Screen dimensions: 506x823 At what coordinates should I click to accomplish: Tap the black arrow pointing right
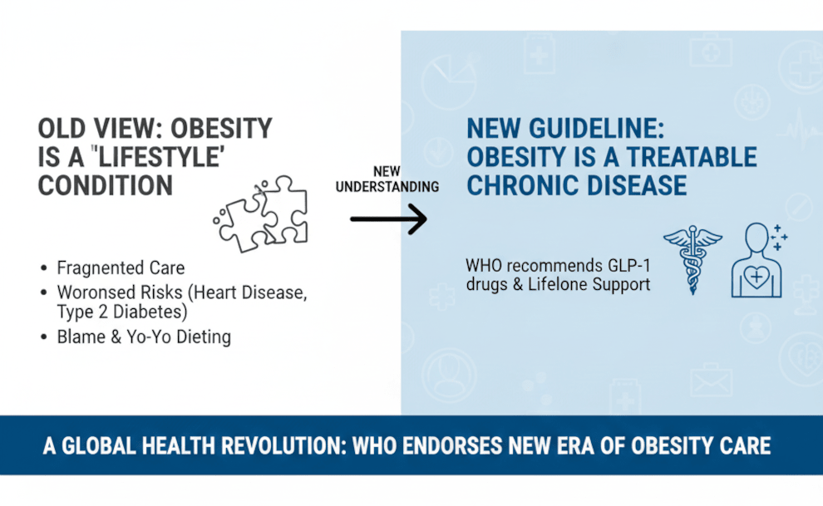[388, 219]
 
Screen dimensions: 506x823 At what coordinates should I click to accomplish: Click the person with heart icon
[756, 260]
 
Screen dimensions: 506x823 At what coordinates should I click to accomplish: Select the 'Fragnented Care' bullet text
[121, 268]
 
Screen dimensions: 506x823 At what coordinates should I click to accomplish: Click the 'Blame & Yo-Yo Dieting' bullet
[143, 337]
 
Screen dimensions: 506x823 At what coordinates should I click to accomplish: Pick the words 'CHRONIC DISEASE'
[576, 184]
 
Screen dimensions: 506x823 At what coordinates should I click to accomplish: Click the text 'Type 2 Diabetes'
[121, 312]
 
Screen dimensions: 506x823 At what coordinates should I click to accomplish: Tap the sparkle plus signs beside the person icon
[778, 237]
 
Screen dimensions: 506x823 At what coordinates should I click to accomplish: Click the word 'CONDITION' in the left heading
[106, 184]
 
